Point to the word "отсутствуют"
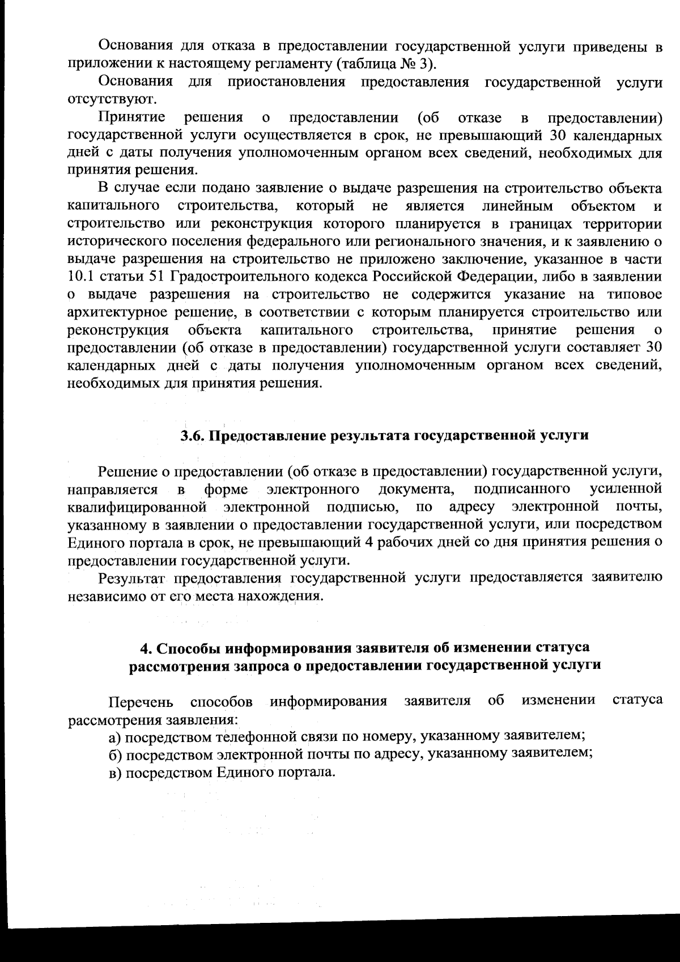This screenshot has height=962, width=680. [x=103, y=99]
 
